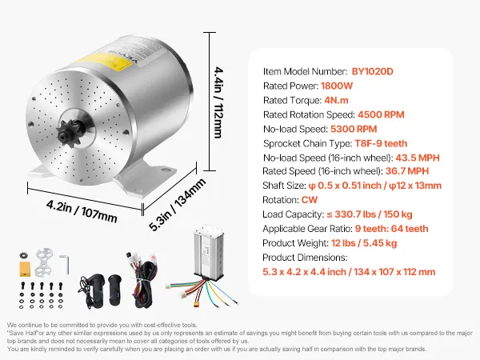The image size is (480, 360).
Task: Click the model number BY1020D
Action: click(372, 71)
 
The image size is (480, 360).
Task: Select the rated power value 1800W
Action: click(337, 86)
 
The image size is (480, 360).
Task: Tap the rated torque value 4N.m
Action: click(336, 100)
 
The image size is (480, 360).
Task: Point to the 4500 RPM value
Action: click(381, 114)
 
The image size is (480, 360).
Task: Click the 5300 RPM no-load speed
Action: click(354, 129)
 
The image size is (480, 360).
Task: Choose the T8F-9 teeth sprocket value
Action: click(381, 143)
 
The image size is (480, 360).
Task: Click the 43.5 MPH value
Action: click(418, 158)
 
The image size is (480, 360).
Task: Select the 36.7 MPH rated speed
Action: click(407, 171)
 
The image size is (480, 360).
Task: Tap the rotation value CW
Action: click(310, 199)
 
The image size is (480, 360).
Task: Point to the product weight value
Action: click(364, 243)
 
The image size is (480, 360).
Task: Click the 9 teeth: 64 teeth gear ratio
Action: click(391, 229)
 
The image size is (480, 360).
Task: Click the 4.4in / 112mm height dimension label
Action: click(218, 102)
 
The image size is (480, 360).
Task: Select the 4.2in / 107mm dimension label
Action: click(82, 211)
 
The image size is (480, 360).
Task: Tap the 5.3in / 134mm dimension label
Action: click(178, 205)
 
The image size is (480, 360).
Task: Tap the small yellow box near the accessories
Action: click(25, 269)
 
